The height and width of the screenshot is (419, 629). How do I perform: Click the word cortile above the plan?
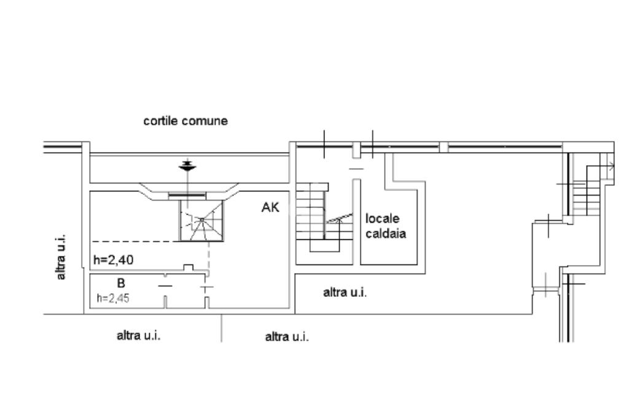pos(161,121)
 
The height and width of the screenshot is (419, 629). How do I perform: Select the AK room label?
pos(270,207)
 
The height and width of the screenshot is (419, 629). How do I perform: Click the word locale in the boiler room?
pos(382,219)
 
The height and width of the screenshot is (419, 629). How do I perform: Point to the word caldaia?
pos(386,234)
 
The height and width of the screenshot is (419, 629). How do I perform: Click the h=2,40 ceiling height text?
pos(114,260)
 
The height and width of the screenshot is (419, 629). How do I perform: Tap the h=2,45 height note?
pos(113,298)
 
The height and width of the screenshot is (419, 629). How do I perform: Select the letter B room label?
pos(121,283)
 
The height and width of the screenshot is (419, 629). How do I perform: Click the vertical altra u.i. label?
pos(61,257)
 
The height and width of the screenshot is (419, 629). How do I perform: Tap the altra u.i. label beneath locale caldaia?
pos(345,293)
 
